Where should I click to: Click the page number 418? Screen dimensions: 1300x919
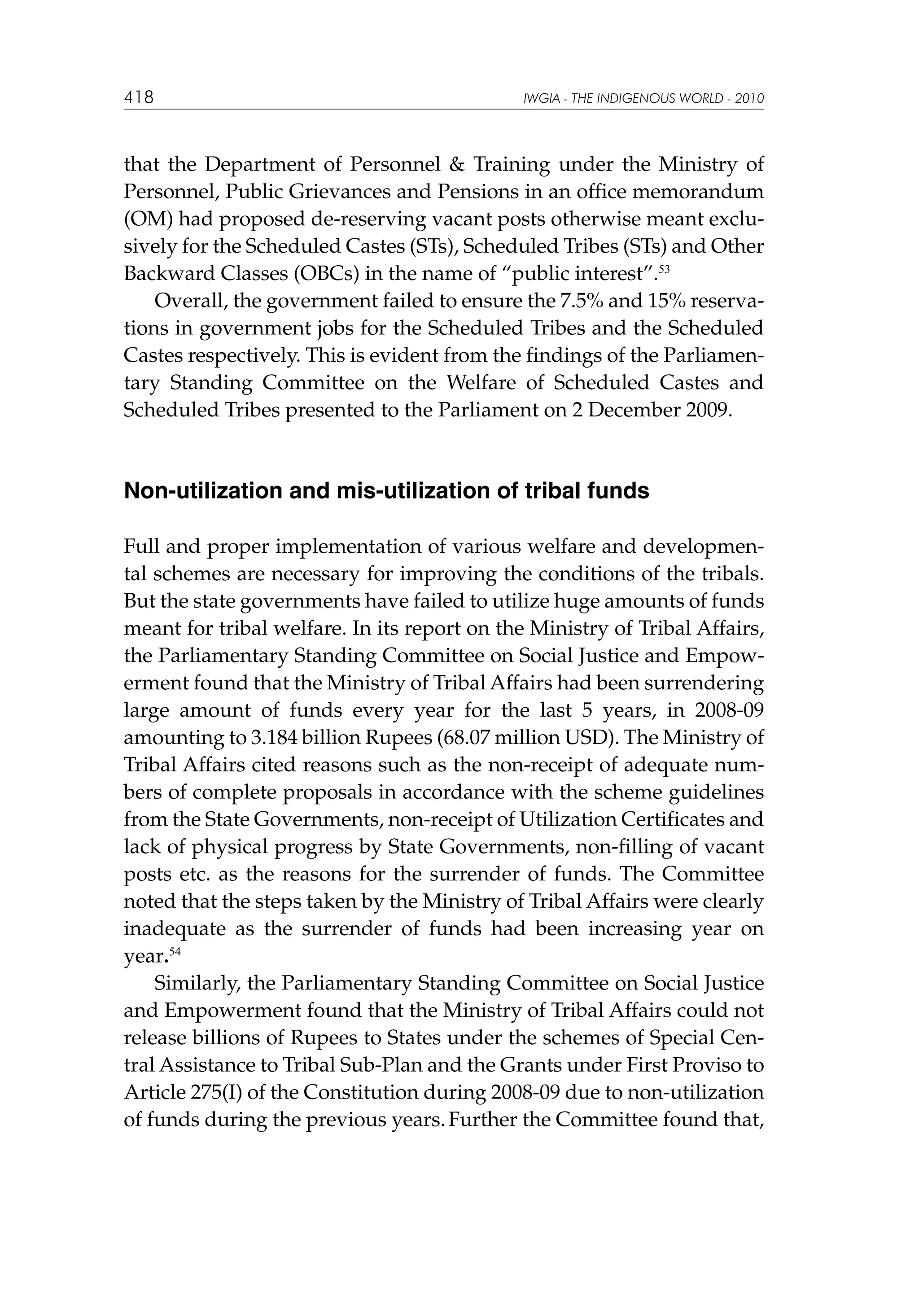pos(139,98)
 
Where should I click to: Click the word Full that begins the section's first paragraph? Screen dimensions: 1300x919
pos(141,547)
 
